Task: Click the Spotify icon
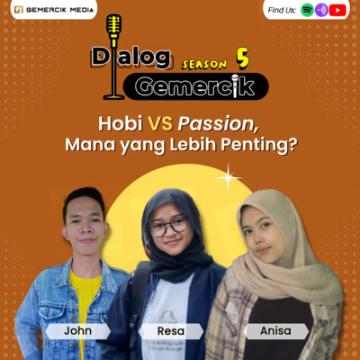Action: coord(307,10)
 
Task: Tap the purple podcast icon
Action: coord(321,10)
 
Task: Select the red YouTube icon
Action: coord(337,10)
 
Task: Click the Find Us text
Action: coord(282,10)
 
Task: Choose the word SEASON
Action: coord(205,64)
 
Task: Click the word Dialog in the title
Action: coord(130,58)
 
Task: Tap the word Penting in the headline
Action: coord(265,146)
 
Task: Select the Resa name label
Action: coord(170,330)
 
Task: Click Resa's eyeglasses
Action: coord(168,227)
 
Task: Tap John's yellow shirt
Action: coord(85,297)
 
